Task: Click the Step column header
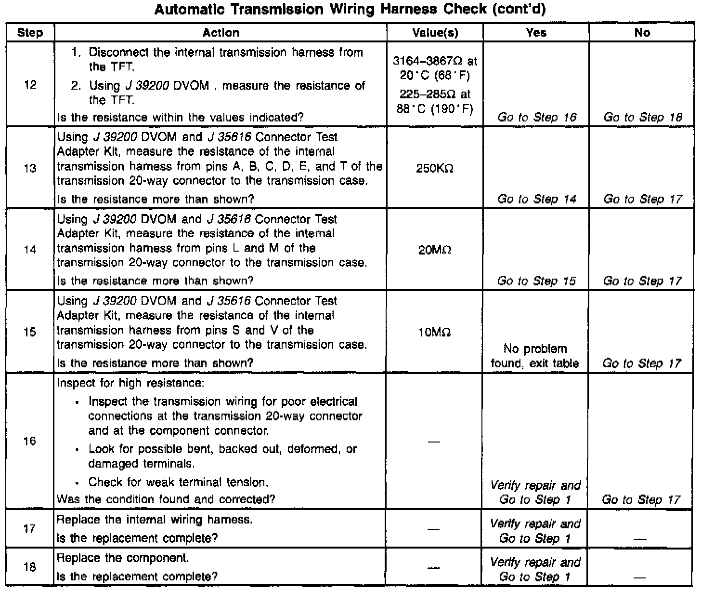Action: coord(30,33)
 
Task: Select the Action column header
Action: coord(221,33)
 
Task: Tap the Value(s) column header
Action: coord(435,33)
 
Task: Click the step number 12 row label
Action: coord(30,85)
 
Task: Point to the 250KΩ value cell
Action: coord(435,168)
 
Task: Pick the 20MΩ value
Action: coord(435,250)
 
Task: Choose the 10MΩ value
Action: coord(435,332)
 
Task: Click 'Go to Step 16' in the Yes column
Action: coord(536,117)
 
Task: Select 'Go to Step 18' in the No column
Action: coord(642,117)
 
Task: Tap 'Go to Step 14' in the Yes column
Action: coord(536,199)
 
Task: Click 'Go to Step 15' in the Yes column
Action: coord(536,281)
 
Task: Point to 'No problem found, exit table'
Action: coord(535,356)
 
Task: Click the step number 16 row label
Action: coord(30,441)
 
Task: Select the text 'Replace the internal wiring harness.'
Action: coord(155,520)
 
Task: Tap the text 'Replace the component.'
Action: coord(123,558)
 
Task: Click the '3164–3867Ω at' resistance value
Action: coord(435,61)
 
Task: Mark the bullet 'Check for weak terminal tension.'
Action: coord(178,482)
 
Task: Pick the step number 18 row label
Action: coord(30,567)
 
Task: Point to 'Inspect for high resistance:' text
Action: coord(130,383)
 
